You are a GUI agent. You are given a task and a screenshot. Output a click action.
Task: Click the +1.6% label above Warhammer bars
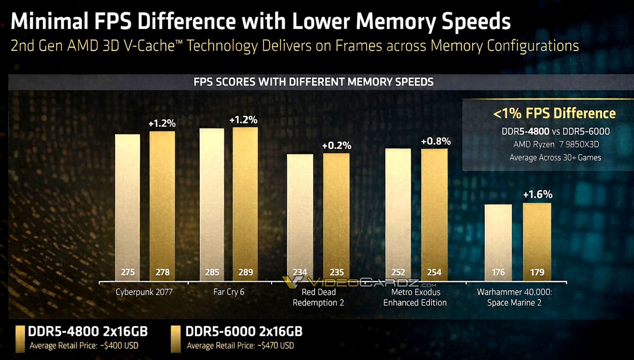tap(537, 195)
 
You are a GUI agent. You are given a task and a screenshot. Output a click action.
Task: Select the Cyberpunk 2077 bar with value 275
tap(128, 206)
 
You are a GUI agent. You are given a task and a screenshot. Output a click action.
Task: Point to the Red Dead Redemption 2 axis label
tap(319, 297)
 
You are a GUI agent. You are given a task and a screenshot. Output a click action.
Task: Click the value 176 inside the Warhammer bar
tap(498, 273)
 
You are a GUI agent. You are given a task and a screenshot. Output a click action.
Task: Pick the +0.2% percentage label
tap(336, 145)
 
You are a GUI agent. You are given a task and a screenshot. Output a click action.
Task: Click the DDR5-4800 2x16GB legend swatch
tap(20, 338)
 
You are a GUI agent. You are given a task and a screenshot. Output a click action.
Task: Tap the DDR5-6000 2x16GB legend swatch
tap(175, 338)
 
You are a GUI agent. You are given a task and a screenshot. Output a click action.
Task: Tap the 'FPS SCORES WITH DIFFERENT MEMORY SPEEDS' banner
tap(314, 82)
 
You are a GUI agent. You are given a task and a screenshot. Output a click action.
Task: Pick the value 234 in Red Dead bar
tap(300, 273)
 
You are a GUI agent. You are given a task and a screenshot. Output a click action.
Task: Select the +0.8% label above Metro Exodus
tap(435, 141)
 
